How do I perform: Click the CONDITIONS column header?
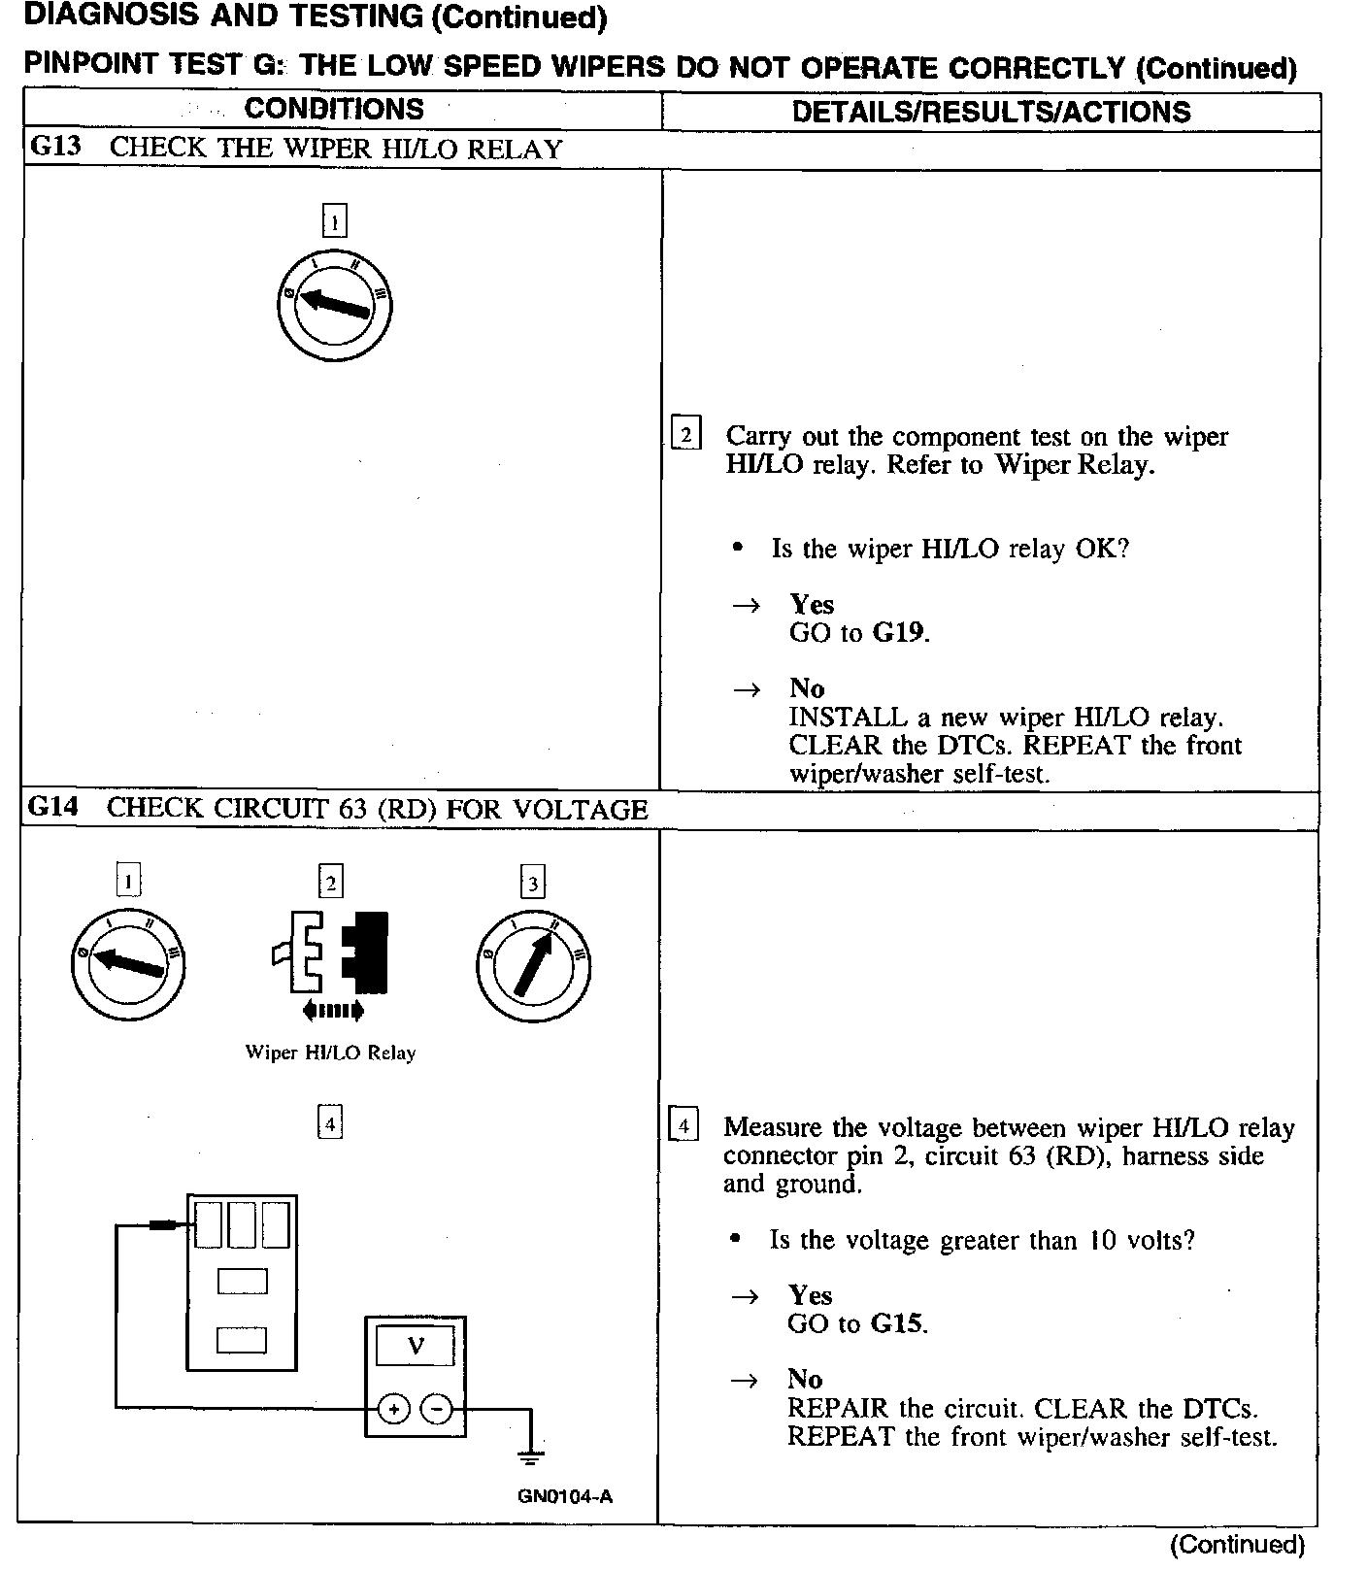tap(334, 109)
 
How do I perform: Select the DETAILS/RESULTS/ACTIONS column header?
tap(990, 112)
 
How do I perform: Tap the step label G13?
tap(55, 148)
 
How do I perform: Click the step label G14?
tap(52, 808)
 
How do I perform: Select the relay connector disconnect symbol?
tap(332, 953)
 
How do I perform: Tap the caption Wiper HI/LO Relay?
tap(330, 1053)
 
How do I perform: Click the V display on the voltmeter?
tap(416, 1346)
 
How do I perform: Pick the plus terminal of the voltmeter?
tap(393, 1408)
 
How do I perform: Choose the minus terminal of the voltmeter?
tap(438, 1408)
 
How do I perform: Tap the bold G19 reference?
tap(899, 633)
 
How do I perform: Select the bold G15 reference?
tap(897, 1323)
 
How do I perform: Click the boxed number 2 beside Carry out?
tap(685, 434)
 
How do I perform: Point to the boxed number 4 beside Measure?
tap(683, 1125)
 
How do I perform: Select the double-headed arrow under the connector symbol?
tap(333, 1011)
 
